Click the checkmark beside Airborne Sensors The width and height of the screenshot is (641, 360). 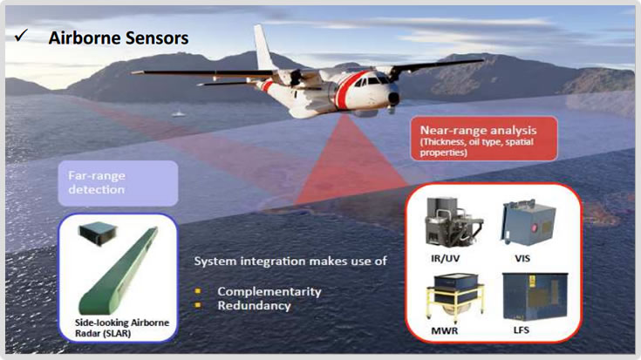(21, 36)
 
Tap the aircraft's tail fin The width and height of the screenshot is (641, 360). (263, 47)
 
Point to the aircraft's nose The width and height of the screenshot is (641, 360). (393, 98)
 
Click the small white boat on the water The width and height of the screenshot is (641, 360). (178, 113)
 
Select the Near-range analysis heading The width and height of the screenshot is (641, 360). (478, 131)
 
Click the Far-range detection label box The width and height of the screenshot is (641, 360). (118, 183)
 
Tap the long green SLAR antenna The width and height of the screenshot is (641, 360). (118, 271)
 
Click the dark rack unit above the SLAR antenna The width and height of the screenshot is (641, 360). (98, 233)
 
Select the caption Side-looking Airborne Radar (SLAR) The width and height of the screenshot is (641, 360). (122, 328)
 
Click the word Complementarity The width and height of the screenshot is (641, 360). (269, 291)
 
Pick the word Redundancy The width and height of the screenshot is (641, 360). (254, 306)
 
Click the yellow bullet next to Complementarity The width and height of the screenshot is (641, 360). (198, 291)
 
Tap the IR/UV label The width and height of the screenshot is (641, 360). (445, 258)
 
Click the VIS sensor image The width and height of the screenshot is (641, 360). (528, 222)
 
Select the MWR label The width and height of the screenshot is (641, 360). (445, 330)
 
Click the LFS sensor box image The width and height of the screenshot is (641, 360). (535, 297)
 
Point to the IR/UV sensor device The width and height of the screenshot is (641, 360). (453, 222)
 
